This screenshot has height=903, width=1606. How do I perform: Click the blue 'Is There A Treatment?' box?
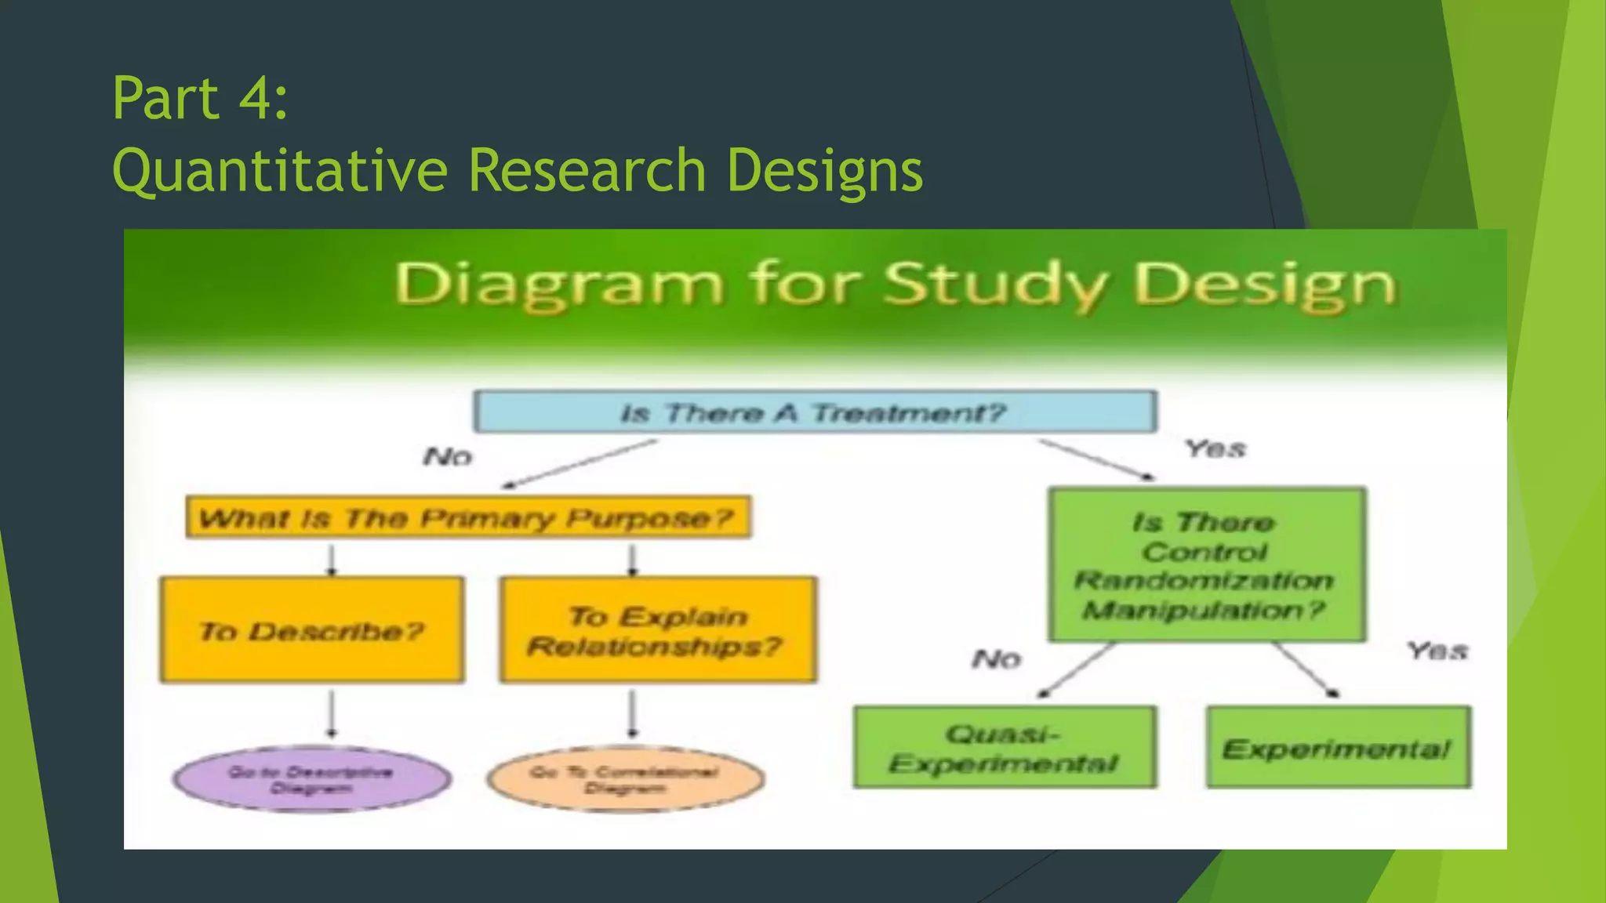(x=814, y=412)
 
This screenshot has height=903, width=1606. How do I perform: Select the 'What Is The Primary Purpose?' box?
(x=467, y=517)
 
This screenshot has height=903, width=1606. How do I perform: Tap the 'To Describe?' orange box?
(x=311, y=630)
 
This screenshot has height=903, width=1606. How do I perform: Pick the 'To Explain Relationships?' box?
(x=657, y=630)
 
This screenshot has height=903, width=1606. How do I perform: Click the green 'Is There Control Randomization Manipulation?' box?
(x=1206, y=564)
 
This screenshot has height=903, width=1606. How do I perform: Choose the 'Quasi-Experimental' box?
(x=1004, y=747)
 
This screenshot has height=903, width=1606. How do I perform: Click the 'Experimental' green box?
(x=1338, y=747)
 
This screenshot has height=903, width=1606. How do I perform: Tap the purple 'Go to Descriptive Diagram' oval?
(x=311, y=779)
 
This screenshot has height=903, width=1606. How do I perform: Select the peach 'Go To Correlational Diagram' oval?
(x=625, y=779)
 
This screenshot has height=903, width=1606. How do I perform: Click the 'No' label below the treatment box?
(x=448, y=456)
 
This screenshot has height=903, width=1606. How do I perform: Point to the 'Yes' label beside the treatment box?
(x=1215, y=448)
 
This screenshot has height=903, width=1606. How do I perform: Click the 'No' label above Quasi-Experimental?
(x=997, y=658)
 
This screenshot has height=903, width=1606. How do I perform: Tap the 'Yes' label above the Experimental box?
(x=1436, y=651)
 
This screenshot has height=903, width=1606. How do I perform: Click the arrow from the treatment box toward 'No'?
(x=580, y=463)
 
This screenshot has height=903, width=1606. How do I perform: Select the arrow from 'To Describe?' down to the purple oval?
(x=332, y=713)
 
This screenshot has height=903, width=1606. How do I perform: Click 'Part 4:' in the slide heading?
(x=200, y=98)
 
